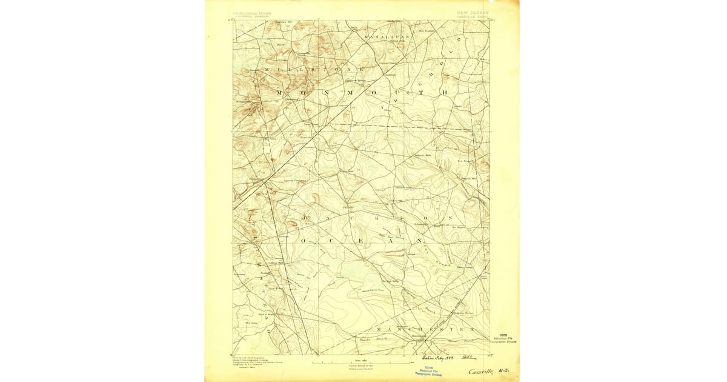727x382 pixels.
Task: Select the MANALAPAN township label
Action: click(x=388, y=36)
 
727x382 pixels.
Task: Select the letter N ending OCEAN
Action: click(x=417, y=241)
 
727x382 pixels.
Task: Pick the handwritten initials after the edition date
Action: click(x=469, y=357)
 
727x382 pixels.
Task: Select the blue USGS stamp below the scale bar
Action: click(x=430, y=371)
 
